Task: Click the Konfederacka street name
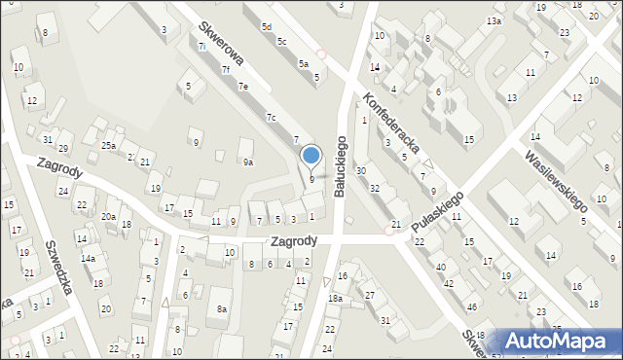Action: pyautogui.click(x=391, y=124)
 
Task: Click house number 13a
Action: pyautogui.click(x=495, y=20)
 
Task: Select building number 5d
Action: pyautogui.click(x=267, y=27)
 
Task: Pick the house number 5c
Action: pyautogui.click(x=281, y=42)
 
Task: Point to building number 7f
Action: pyautogui.click(x=225, y=69)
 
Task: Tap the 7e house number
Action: pyautogui.click(x=244, y=87)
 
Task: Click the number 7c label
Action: pyautogui.click(x=272, y=118)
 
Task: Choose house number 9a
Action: pyautogui.click(x=248, y=162)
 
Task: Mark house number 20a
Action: pyautogui.click(x=109, y=216)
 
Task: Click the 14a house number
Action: pyautogui.click(x=88, y=259)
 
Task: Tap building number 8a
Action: pyautogui.click(x=222, y=308)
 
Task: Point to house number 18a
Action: pyautogui.click(x=335, y=298)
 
